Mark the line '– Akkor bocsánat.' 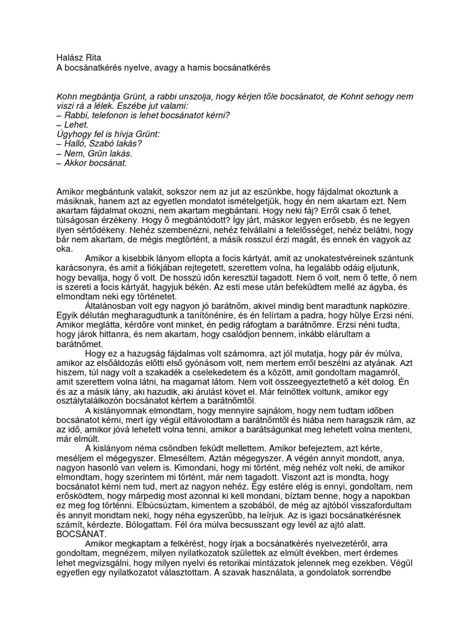click(91, 163)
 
